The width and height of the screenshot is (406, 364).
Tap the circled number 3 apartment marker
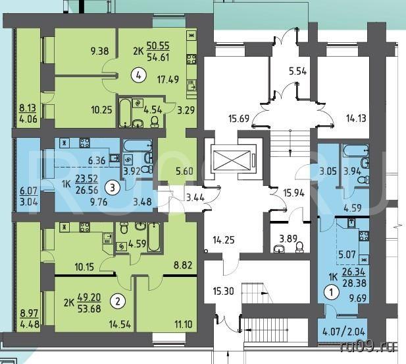(x=112, y=187)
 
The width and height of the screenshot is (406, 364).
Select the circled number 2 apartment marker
(x=118, y=301)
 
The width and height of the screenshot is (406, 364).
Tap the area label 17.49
(x=168, y=79)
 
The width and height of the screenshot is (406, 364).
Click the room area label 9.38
(x=99, y=51)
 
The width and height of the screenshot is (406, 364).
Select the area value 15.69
(x=239, y=119)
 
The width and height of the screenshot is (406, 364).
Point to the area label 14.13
(x=356, y=118)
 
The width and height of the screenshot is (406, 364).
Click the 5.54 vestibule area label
(x=298, y=71)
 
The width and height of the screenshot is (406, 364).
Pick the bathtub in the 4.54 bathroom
(x=125, y=112)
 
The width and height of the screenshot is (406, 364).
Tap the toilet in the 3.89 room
(x=300, y=247)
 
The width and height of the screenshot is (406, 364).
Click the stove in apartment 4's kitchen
(x=191, y=59)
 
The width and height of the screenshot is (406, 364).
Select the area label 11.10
(x=184, y=324)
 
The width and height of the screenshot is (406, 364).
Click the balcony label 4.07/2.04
(x=344, y=332)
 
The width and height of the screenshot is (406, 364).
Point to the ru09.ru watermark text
(x=368, y=347)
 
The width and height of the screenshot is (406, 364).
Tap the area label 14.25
(x=224, y=240)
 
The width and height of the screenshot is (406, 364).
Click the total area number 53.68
(x=89, y=309)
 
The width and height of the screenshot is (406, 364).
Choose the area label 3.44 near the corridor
(x=195, y=198)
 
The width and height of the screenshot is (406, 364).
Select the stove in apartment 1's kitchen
(x=364, y=236)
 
